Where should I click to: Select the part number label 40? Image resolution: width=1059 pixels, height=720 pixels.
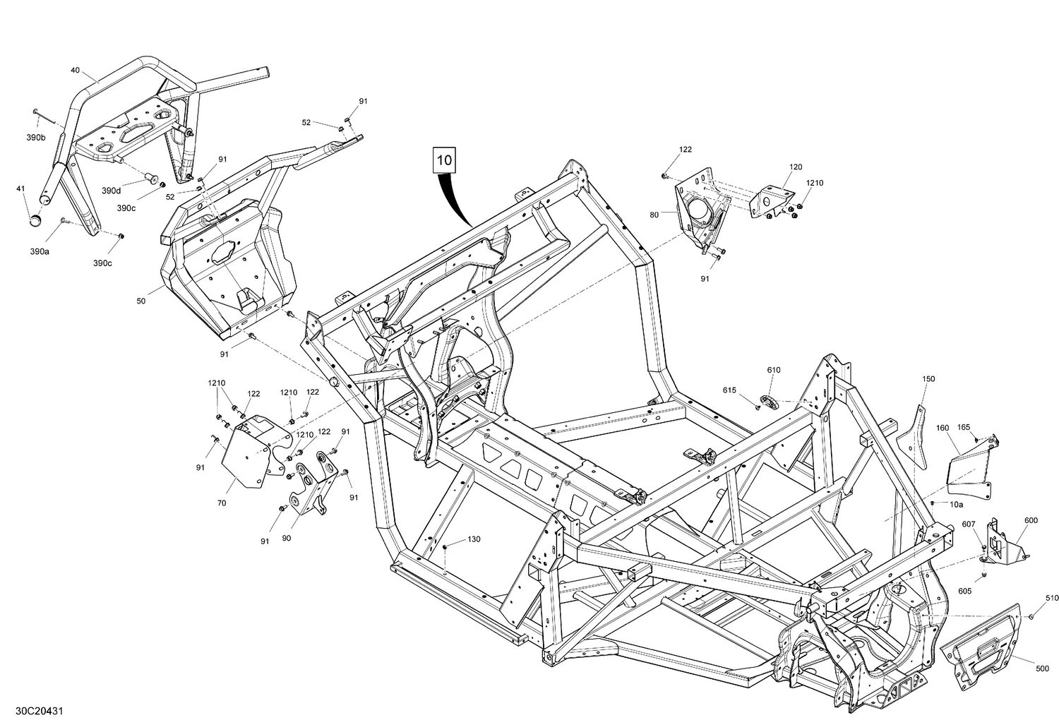coord(76,70)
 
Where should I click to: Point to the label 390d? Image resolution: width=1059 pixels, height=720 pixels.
coord(111,191)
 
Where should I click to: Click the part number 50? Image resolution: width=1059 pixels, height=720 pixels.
coord(141,301)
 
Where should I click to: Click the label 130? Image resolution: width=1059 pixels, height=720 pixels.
coord(474,539)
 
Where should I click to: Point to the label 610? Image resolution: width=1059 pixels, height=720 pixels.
coord(774,370)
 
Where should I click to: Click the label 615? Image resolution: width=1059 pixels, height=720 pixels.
coord(729,390)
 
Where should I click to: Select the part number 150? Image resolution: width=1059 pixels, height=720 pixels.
coord(928,379)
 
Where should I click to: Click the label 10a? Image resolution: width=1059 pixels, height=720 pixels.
coord(956,504)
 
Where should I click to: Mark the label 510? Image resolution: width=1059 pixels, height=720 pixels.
coord(1052,598)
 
